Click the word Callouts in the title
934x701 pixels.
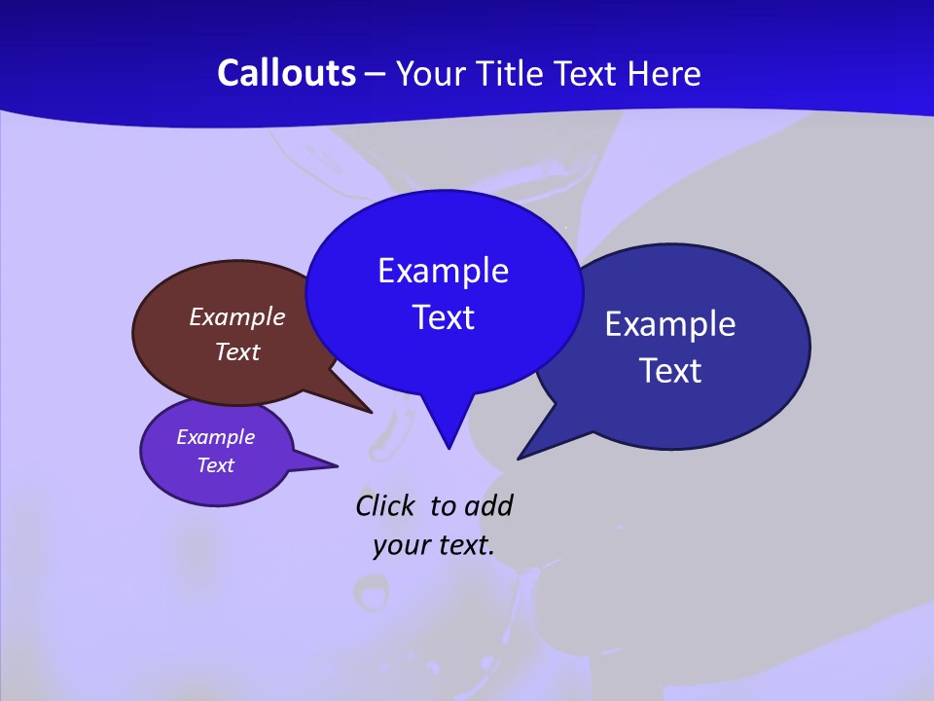click(x=286, y=73)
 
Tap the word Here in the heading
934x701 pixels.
click(x=664, y=73)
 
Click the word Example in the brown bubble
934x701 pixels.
click(x=236, y=316)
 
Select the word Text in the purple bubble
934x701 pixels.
click(x=215, y=465)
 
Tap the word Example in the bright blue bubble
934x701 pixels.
click(x=443, y=271)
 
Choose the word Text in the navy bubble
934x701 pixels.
click(x=670, y=371)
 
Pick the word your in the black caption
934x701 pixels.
click(x=399, y=545)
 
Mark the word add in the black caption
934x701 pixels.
click(x=488, y=505)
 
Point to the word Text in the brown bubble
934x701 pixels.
click(x=236, y=351)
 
